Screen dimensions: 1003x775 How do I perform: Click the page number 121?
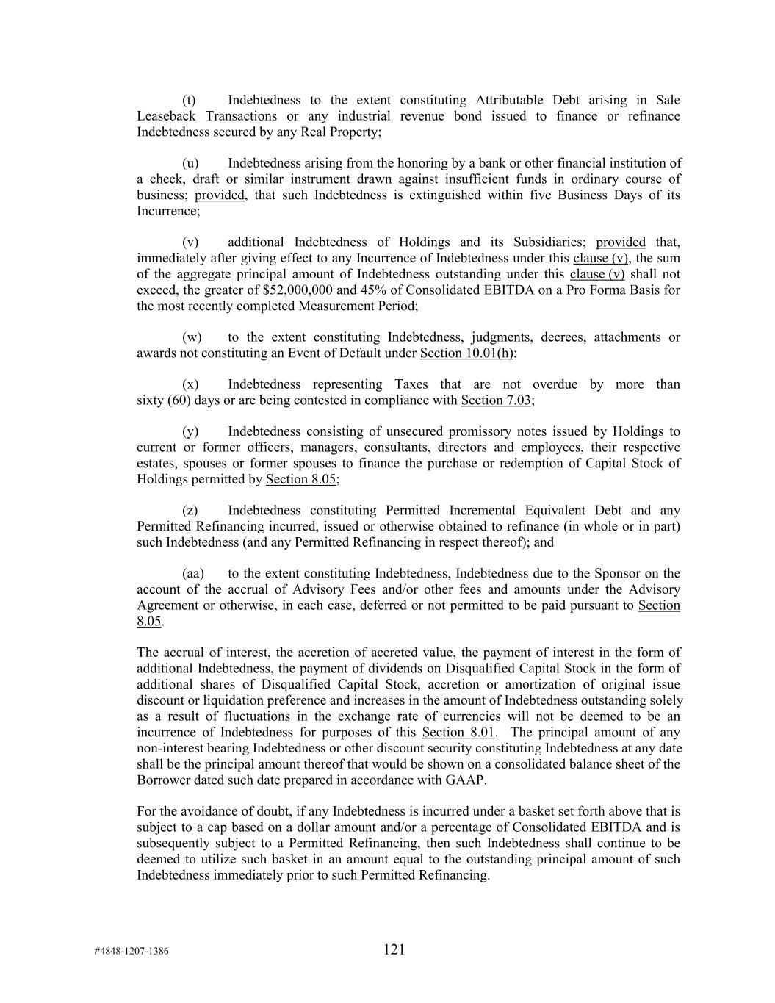coord(394,949)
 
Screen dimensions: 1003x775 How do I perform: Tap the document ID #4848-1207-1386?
coord(131,952)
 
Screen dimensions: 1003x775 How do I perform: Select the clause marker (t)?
coord(189,101)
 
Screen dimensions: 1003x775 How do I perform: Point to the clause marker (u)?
coord(190,163)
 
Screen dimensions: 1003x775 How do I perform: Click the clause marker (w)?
coord(191,337)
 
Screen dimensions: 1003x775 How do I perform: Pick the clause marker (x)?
coord(190,384)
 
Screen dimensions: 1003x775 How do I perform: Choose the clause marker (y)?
coord(190,432)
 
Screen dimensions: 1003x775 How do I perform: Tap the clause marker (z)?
coord(190,511)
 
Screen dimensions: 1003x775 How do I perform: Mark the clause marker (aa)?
coord(192,574)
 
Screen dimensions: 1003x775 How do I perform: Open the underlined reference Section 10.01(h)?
coord(466,353)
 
